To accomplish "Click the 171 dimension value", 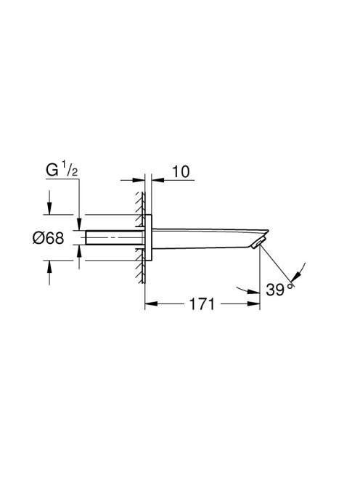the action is (x=202, y=304).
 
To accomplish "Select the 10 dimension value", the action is (x=181, y=171).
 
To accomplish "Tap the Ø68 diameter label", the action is (x=49, y=237).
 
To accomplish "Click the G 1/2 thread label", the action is (x=62, y=171).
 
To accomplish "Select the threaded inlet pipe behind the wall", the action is (x=115, y=237).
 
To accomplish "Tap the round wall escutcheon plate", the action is (x=148, y=237).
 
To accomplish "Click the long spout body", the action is (x=209, y=238).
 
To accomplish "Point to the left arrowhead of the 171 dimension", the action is (x=151, y=304).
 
